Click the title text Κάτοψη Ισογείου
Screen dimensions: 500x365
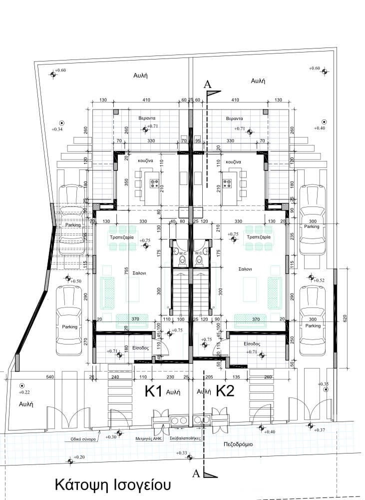(113, 485)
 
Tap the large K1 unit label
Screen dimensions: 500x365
(154, 391)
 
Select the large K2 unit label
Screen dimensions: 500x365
(226, 391)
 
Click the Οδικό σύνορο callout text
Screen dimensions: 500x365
(82, 437)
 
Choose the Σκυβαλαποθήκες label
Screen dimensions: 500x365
(185, 437)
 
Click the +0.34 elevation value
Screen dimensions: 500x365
(57, 129)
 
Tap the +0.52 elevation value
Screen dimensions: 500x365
(318, 280)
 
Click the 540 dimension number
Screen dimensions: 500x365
(49, 376)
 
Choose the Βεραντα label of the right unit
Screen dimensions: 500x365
(234, 119)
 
